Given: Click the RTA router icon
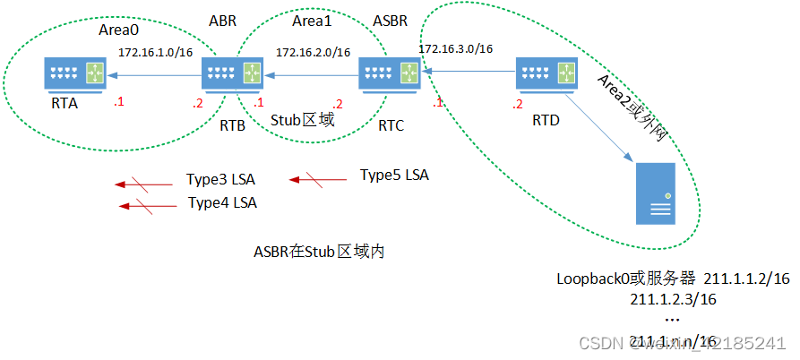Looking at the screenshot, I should (x=75, y=74).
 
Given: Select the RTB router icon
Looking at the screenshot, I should (x=232, y=74).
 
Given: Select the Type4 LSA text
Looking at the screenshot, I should (x=222, y=203).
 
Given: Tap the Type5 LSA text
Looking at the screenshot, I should (x=394, y=175).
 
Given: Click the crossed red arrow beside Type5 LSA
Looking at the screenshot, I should (x=317, y=180).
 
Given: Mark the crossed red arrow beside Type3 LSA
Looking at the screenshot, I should (x=143, y=184).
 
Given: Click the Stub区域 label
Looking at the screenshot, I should (x=302, y=119).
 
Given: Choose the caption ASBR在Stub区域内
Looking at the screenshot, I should (x=319, y=253).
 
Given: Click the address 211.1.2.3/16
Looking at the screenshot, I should (x=673, y=298).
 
